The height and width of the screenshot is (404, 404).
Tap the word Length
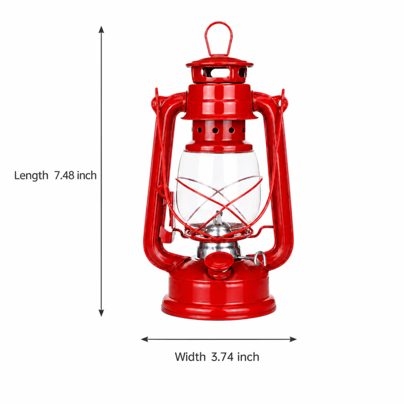click(31, 176)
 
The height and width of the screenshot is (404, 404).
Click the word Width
click(190, 357)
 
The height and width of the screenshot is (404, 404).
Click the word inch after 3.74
click(248, 357)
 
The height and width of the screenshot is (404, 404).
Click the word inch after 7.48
click(87, 175)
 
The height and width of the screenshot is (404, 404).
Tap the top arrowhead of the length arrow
click(102, 29)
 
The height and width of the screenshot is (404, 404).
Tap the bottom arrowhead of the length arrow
click(102, 313)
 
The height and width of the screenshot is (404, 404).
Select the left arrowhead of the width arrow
click(145, 339)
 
